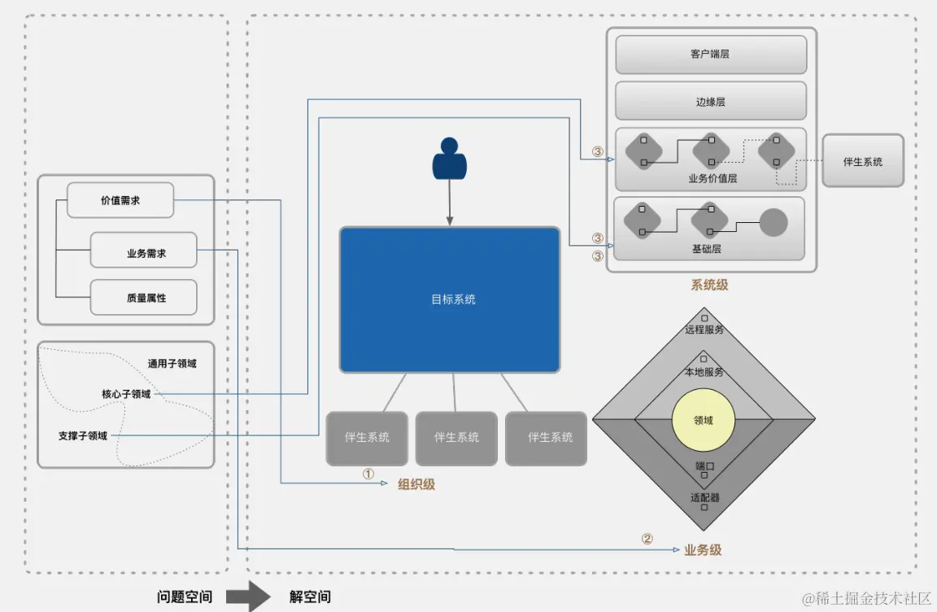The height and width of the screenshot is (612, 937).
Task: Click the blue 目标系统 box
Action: coord(450,299)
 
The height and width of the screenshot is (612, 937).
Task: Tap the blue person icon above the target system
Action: coord(449,160)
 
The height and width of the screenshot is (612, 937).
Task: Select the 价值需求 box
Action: coord(120,200)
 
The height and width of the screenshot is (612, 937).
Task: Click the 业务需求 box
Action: coord(144,253)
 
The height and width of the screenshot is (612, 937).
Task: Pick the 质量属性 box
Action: coord(144,298)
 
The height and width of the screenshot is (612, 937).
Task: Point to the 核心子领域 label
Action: coord(126,394)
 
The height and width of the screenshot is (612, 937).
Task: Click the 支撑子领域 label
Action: coord(83,436)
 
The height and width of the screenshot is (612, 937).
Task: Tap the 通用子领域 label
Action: coord(172,364)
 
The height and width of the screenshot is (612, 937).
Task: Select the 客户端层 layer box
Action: coord(711,55)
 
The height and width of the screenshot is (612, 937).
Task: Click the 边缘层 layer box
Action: coord(711,102)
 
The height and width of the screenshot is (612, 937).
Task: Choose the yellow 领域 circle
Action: coord(704,421)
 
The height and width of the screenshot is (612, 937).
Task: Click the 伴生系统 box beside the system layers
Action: coord(863,161)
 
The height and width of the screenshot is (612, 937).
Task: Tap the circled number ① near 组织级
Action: coord(368,474)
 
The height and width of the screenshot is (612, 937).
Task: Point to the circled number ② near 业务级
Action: coord(647,539)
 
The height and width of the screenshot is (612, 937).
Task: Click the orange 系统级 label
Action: coord(709,285)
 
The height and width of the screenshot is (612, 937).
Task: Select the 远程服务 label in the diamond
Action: coord(704,330)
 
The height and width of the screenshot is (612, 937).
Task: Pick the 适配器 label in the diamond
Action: coord(704,497)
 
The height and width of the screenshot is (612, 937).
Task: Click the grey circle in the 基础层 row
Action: coord(774,222)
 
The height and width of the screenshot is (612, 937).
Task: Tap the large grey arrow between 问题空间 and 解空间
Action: coord(248,596)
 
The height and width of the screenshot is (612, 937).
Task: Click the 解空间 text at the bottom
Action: coord(310,597)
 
